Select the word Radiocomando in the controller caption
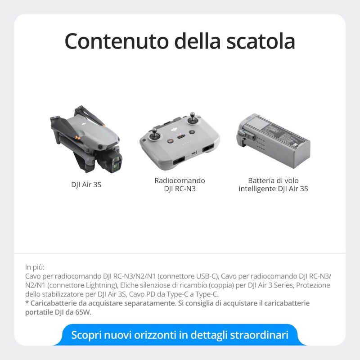(x=180, y=180)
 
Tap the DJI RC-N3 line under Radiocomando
(x=180, y=189)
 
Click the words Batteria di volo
(x=273, y=180)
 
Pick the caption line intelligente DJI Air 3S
(x=273, y=189)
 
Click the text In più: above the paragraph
(x=35, y=267)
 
